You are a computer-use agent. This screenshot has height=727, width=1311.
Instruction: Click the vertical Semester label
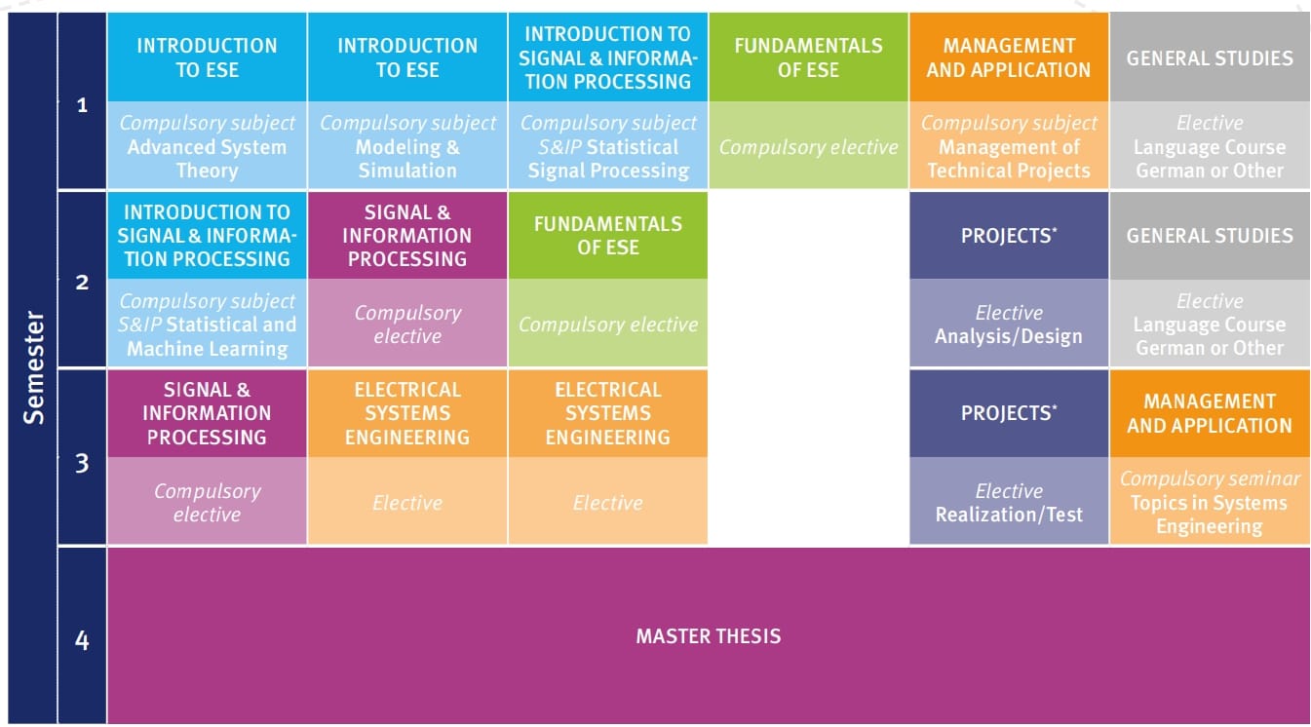pos(34,367)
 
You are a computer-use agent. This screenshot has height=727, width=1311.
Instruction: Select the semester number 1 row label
pos(82,104)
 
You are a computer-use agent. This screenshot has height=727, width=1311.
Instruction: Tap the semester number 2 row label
pos(82,283)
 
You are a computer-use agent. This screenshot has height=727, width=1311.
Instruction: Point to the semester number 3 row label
pos(82,462)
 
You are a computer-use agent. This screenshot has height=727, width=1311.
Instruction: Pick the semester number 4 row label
pos(82,640)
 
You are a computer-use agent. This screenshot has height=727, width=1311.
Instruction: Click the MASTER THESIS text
pos(709,636)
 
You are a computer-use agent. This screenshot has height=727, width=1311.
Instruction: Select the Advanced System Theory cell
pos(207,146)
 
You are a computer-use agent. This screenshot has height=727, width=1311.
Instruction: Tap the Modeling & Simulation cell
pos(407,146)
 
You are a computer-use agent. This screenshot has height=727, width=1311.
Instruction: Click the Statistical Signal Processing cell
pos(608,146)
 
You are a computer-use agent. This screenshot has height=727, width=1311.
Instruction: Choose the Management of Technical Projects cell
pos(1009,146)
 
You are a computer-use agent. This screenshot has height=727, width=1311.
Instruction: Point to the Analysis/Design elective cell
pos(1009,325)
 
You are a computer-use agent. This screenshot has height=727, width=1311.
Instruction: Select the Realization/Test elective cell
pos(1009,503)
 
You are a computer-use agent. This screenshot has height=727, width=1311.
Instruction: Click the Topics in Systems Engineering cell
pos(1210,503)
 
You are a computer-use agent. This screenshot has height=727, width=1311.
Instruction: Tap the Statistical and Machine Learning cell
pos(207,325)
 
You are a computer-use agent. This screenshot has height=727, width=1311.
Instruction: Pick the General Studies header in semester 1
pos(1210,57)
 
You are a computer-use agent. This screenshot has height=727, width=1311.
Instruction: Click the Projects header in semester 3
pos(1009,412)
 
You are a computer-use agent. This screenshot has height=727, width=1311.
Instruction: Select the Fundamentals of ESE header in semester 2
pos(608,235)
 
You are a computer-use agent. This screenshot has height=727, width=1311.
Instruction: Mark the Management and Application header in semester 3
pos(1210,413)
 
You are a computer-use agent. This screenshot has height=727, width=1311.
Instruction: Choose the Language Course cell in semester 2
pos(1210,325)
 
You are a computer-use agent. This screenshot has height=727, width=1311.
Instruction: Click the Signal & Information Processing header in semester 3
pos(207,413)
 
